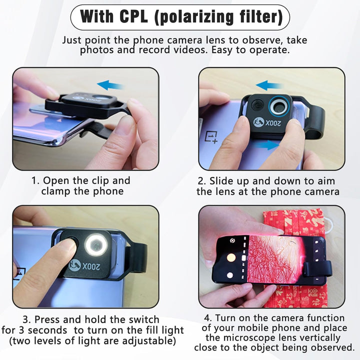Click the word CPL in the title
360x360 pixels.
133,16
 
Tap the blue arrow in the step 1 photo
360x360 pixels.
111,85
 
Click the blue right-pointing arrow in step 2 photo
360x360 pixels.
267,145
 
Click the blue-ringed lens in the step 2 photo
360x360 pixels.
278,106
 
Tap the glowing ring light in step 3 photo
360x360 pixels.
96,244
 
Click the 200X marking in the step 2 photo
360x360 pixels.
273,123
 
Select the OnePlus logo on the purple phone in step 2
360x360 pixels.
211,137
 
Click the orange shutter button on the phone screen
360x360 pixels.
231,258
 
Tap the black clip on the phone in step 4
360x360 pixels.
317,269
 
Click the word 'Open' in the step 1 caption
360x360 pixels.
56,180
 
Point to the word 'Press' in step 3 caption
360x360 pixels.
47,319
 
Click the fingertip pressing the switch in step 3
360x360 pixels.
69,244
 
